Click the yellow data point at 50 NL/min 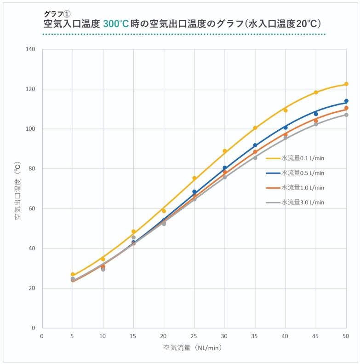click(346, 84)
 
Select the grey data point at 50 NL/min click(346, 115)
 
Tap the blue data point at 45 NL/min click(316, 114)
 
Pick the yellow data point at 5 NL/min click(73, 274)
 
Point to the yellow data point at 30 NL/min click(225, 151)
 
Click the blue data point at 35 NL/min click(255, 145)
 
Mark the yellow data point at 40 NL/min click(286, 110)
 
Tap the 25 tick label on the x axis click(194, 336)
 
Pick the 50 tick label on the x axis click(346, 336)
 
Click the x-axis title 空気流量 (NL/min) click(193, 348)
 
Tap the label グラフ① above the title click(57, 14)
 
